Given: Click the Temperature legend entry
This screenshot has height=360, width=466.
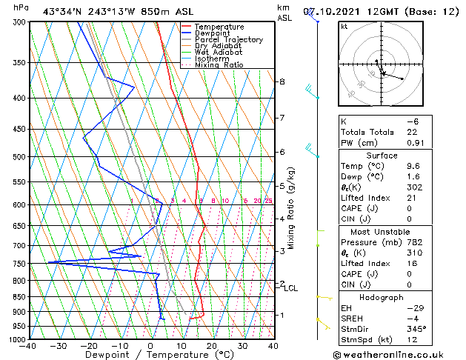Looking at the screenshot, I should pos(219,27).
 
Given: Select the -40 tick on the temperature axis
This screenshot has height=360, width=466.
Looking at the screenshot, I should pos(28,345).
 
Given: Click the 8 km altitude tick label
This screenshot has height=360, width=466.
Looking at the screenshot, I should pos(282,81).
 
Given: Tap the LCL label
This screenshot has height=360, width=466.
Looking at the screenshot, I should pos(291,288).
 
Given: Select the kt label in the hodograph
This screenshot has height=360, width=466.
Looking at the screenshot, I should pos(344,27).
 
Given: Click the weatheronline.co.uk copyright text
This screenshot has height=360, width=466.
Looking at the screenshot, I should pos(399,354).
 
